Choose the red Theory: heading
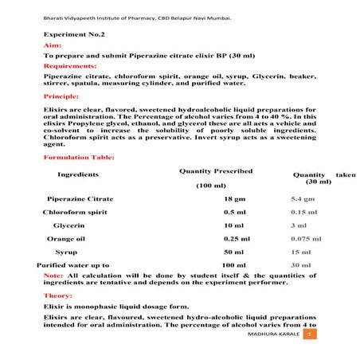coord(57,295)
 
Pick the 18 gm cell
coord(233,199)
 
